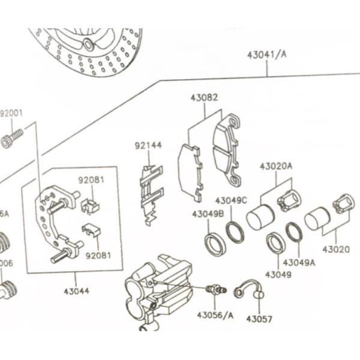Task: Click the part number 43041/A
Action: point(266,55)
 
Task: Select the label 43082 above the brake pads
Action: point(204,97)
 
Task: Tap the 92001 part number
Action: point(11,113)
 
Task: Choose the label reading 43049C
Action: point(231,200)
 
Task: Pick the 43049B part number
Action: point(208,213)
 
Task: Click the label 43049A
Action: point(299,262)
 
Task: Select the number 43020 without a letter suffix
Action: point(336,248)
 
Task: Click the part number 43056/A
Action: point(214,314)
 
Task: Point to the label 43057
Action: point(259,319)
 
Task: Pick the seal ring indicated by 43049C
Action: point(235,232)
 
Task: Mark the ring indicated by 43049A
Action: point(294,232)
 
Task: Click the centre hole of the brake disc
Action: point(88,44)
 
